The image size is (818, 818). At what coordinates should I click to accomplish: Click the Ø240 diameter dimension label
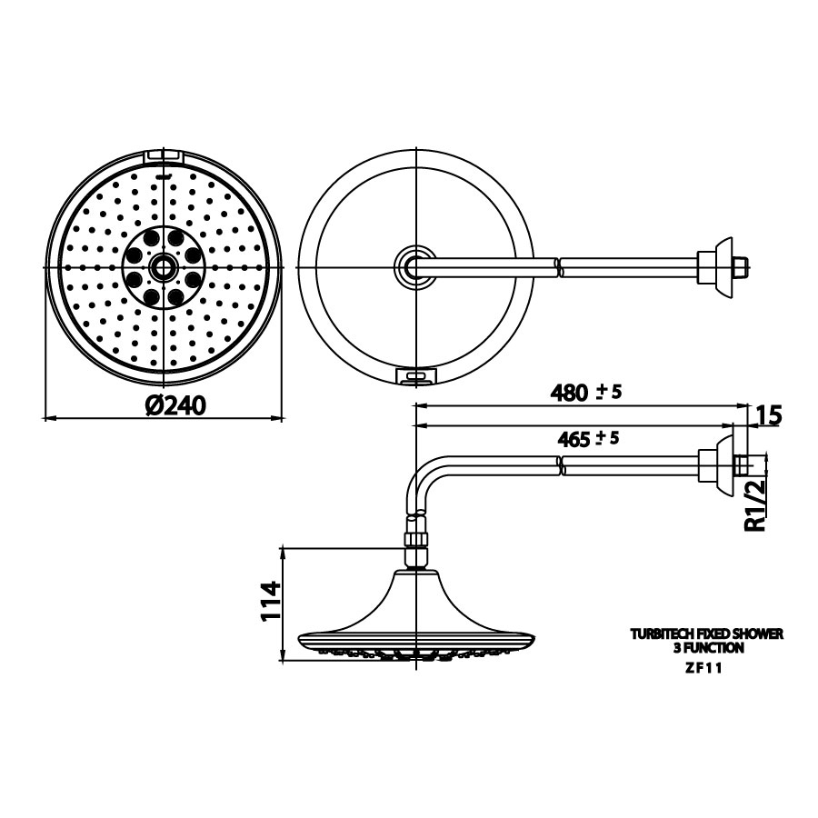(175, 404)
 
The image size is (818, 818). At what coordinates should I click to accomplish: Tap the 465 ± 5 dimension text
(587, 437)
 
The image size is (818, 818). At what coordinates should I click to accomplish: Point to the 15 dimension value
(768, 415)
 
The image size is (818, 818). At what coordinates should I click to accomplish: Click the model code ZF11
(705, 666)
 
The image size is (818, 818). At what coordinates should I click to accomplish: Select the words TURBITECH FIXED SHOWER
(706, 633)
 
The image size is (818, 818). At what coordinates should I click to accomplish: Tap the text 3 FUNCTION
(706, 648)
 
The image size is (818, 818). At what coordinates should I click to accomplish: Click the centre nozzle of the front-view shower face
(164, 266)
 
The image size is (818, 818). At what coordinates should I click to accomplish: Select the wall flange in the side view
(723, 464)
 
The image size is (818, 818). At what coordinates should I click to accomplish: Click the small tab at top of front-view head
(164, 156)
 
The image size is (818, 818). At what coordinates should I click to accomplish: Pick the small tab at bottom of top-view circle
(417, 374)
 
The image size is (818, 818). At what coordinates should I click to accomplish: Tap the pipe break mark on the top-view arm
(557, 266)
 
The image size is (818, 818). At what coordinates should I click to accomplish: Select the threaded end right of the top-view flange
(740, 266)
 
